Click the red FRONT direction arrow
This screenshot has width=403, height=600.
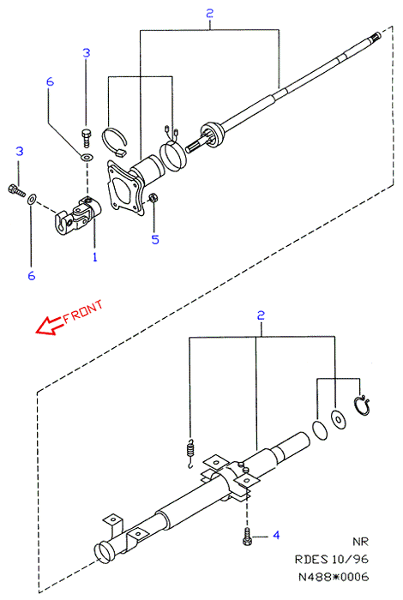point(48,325)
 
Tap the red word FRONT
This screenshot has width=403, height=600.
point(83,311)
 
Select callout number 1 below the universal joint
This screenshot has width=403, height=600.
point(95,257)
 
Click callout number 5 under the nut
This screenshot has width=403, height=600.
point(155,239)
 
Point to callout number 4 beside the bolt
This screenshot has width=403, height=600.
point(276,535)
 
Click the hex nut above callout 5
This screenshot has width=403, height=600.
point(153,197)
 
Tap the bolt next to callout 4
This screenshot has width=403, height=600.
point(247,537)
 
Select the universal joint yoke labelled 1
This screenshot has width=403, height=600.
point(78,214)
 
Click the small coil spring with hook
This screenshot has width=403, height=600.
point(190,454)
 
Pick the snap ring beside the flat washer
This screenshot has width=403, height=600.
point(361,405)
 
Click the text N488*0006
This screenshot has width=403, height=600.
point(334,577)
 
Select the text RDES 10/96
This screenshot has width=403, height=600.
point(332,559)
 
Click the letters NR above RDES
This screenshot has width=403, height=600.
point(360,542)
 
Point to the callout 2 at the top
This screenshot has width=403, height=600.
point(209,14)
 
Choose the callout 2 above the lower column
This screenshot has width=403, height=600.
point(261,315)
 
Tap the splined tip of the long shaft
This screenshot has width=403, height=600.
point(376,36)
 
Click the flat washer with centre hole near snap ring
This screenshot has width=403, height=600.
point(339,420)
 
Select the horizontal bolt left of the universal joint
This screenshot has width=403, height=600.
point(16,190)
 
